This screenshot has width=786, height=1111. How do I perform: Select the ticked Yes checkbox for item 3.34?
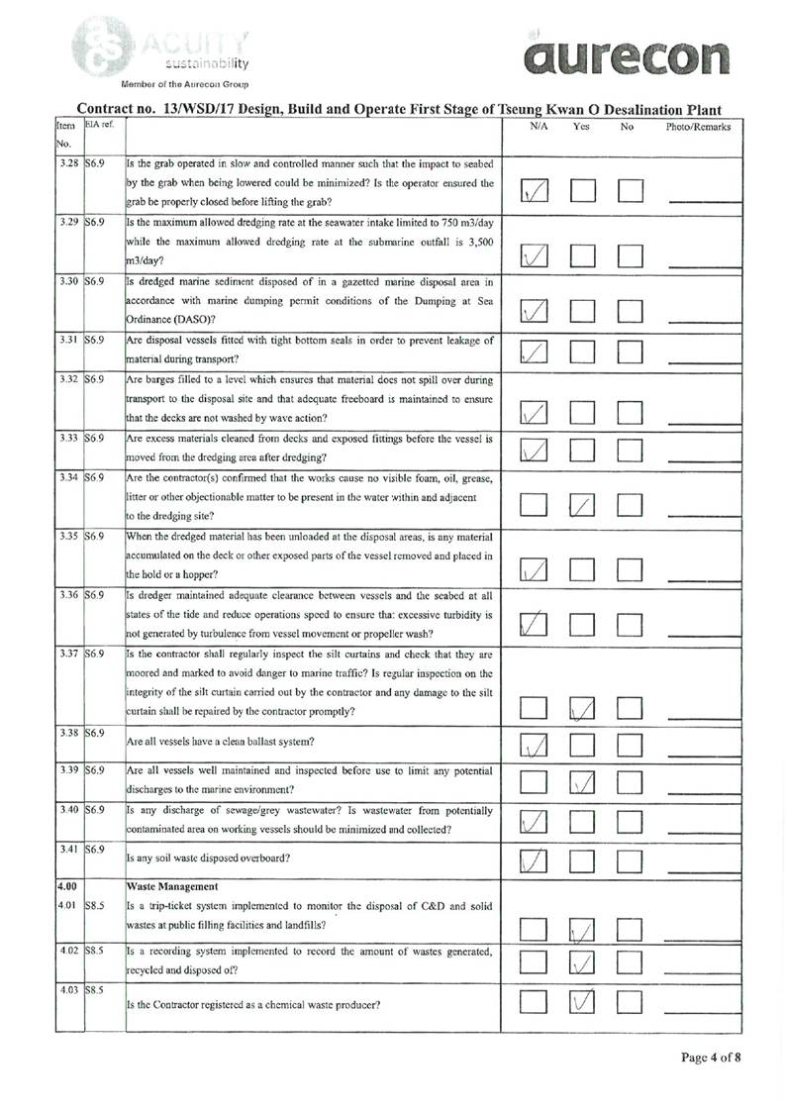(582, 506)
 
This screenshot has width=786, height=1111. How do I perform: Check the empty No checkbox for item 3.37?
(630, 707)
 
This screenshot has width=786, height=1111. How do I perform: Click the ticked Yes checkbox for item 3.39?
(582, 782)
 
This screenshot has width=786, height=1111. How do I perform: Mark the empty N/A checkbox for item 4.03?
(534, 1002)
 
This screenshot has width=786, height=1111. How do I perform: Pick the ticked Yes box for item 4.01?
(582, 928)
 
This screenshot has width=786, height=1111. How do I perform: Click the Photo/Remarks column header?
(698, 128)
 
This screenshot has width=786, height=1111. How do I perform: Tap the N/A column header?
(540, 128)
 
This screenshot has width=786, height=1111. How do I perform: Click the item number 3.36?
(68, 595)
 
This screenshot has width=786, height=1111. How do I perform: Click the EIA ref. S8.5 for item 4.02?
(95, 948)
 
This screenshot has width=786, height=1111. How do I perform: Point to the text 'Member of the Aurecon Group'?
(184, 83)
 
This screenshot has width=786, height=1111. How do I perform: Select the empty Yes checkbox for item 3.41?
(582, 858)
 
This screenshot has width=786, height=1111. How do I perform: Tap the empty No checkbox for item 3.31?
(630, 351)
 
